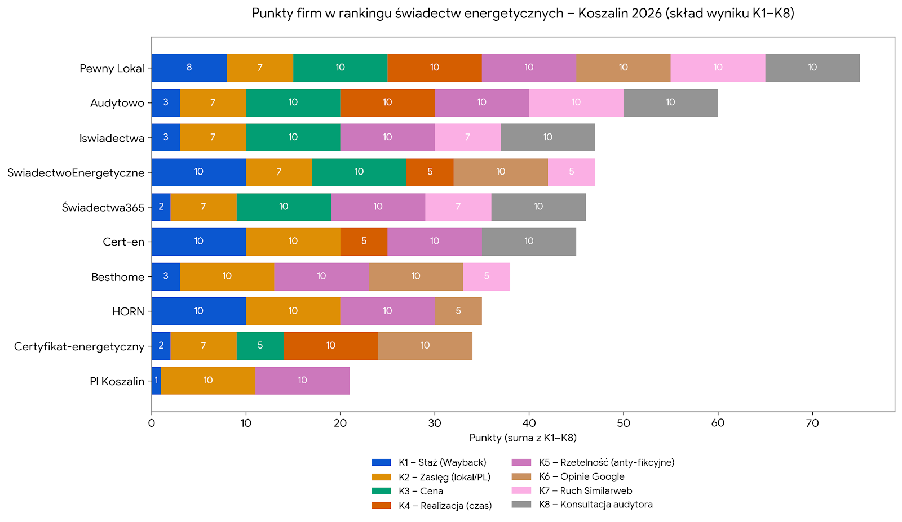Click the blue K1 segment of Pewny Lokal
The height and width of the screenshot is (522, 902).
coord(189,68)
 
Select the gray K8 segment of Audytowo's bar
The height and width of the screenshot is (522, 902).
coord(670,102)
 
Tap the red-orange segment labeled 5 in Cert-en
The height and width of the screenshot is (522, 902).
coord(364,242)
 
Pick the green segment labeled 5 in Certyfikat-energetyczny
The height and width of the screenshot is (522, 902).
coord(260,346)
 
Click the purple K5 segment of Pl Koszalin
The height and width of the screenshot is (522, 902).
coord(302,381)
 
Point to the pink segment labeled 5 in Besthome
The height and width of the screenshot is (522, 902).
coord(487,276)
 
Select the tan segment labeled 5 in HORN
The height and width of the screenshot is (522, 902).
coord(458,311)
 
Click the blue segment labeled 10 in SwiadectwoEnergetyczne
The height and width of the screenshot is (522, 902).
coord(198,172)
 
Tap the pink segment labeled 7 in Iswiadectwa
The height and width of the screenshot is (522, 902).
coord(467,137)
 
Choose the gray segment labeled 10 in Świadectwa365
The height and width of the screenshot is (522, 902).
coord(538,207)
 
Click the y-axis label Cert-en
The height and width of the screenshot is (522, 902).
coord(123,242)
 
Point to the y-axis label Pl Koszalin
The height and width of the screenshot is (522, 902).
coord(117,382)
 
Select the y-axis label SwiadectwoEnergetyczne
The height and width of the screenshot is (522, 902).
coord(76,173)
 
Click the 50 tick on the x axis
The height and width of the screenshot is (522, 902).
coord(623,423)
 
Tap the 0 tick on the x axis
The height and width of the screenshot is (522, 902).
coord(152,423)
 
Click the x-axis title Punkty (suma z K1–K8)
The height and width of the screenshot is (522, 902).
coord(523,438)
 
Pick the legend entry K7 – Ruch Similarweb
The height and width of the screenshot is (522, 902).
coord(585,491)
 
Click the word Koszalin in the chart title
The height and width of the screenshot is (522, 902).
coord(603,13)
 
